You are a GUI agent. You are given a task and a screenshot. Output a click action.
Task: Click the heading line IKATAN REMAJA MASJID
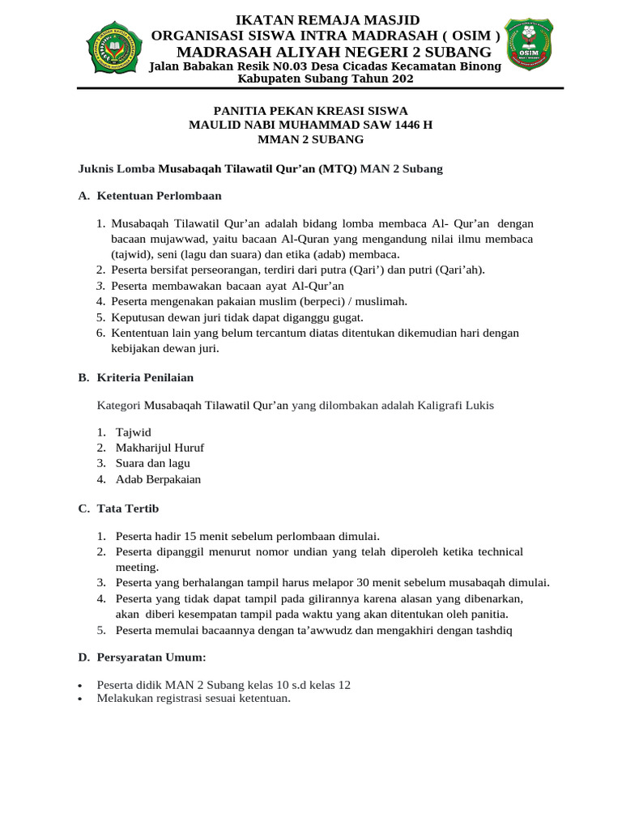(x=327, y=19)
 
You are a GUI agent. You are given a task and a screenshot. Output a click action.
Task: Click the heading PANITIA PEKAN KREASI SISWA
(x=310, y=110)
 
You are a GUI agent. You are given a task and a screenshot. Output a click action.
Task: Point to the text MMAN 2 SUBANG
(x=310, y=139)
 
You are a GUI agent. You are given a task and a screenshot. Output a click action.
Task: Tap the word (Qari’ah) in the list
(x=460, y=270)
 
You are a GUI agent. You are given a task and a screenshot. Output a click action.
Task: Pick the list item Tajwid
(x=133, y=432)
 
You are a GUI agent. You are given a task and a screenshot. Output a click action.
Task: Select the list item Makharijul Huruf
(x=160, y=448)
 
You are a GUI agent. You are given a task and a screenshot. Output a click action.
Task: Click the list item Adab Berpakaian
(x=158, y=478)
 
